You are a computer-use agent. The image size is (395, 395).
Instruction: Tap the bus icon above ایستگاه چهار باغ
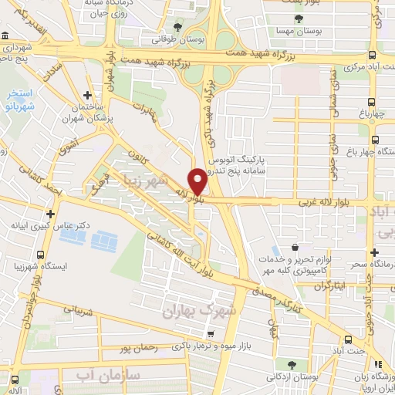374,140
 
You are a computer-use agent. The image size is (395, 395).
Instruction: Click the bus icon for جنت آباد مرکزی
373,55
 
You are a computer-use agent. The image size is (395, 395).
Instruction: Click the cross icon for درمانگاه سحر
374,252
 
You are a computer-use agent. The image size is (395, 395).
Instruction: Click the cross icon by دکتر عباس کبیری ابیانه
51,213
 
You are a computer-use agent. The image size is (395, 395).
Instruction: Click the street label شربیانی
76,311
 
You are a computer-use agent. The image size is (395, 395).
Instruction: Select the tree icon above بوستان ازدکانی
291,364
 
